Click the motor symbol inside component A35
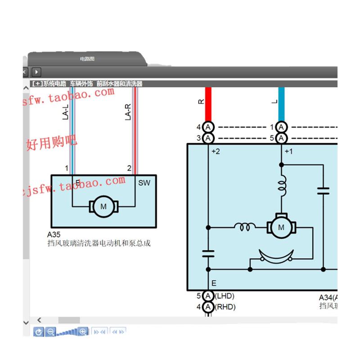[103, 207]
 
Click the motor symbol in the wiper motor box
[281, 227]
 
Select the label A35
[54, 234]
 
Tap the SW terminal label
[144, 183]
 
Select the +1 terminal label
[288, 152]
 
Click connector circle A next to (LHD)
[208, 296]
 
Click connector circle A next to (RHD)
[208, 307]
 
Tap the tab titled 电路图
[87, 59]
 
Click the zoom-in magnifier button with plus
[83, 332]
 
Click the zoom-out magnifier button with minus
[51, 332]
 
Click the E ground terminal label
[214, 283]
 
